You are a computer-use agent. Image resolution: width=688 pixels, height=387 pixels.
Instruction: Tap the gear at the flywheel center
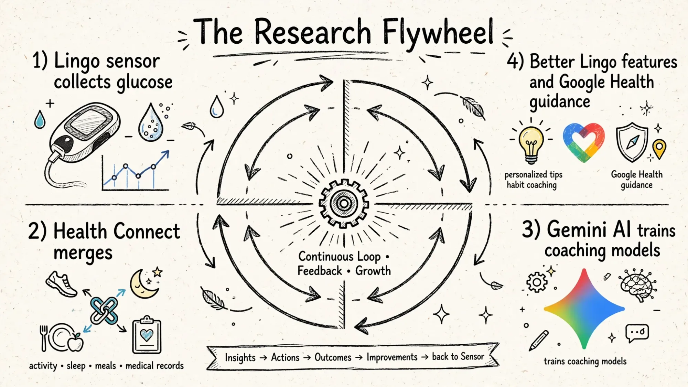pos(344,203)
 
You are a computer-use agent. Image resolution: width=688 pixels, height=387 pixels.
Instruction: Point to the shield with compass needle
pos(632,142)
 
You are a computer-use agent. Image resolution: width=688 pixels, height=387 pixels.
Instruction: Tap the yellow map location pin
pos(659,149)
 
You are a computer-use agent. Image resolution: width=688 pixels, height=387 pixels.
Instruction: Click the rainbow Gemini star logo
pos(584,309)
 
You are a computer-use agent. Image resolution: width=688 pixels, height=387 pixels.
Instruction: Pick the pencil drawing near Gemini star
pos(539,340)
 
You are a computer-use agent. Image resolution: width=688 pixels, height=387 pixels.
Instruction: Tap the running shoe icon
pos(62,284)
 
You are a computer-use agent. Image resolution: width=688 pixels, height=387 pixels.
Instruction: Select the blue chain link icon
pos(104,310)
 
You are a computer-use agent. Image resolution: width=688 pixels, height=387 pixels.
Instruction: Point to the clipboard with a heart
pos(147,335)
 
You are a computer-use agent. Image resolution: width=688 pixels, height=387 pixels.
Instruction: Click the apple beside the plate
pos(76,342)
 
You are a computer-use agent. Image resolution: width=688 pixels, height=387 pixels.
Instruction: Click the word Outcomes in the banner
pos(333,357)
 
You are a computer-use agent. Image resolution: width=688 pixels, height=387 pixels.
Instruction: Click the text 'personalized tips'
pos(534,175)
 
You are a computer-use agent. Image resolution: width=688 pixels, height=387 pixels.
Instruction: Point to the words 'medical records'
pos(154,365)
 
